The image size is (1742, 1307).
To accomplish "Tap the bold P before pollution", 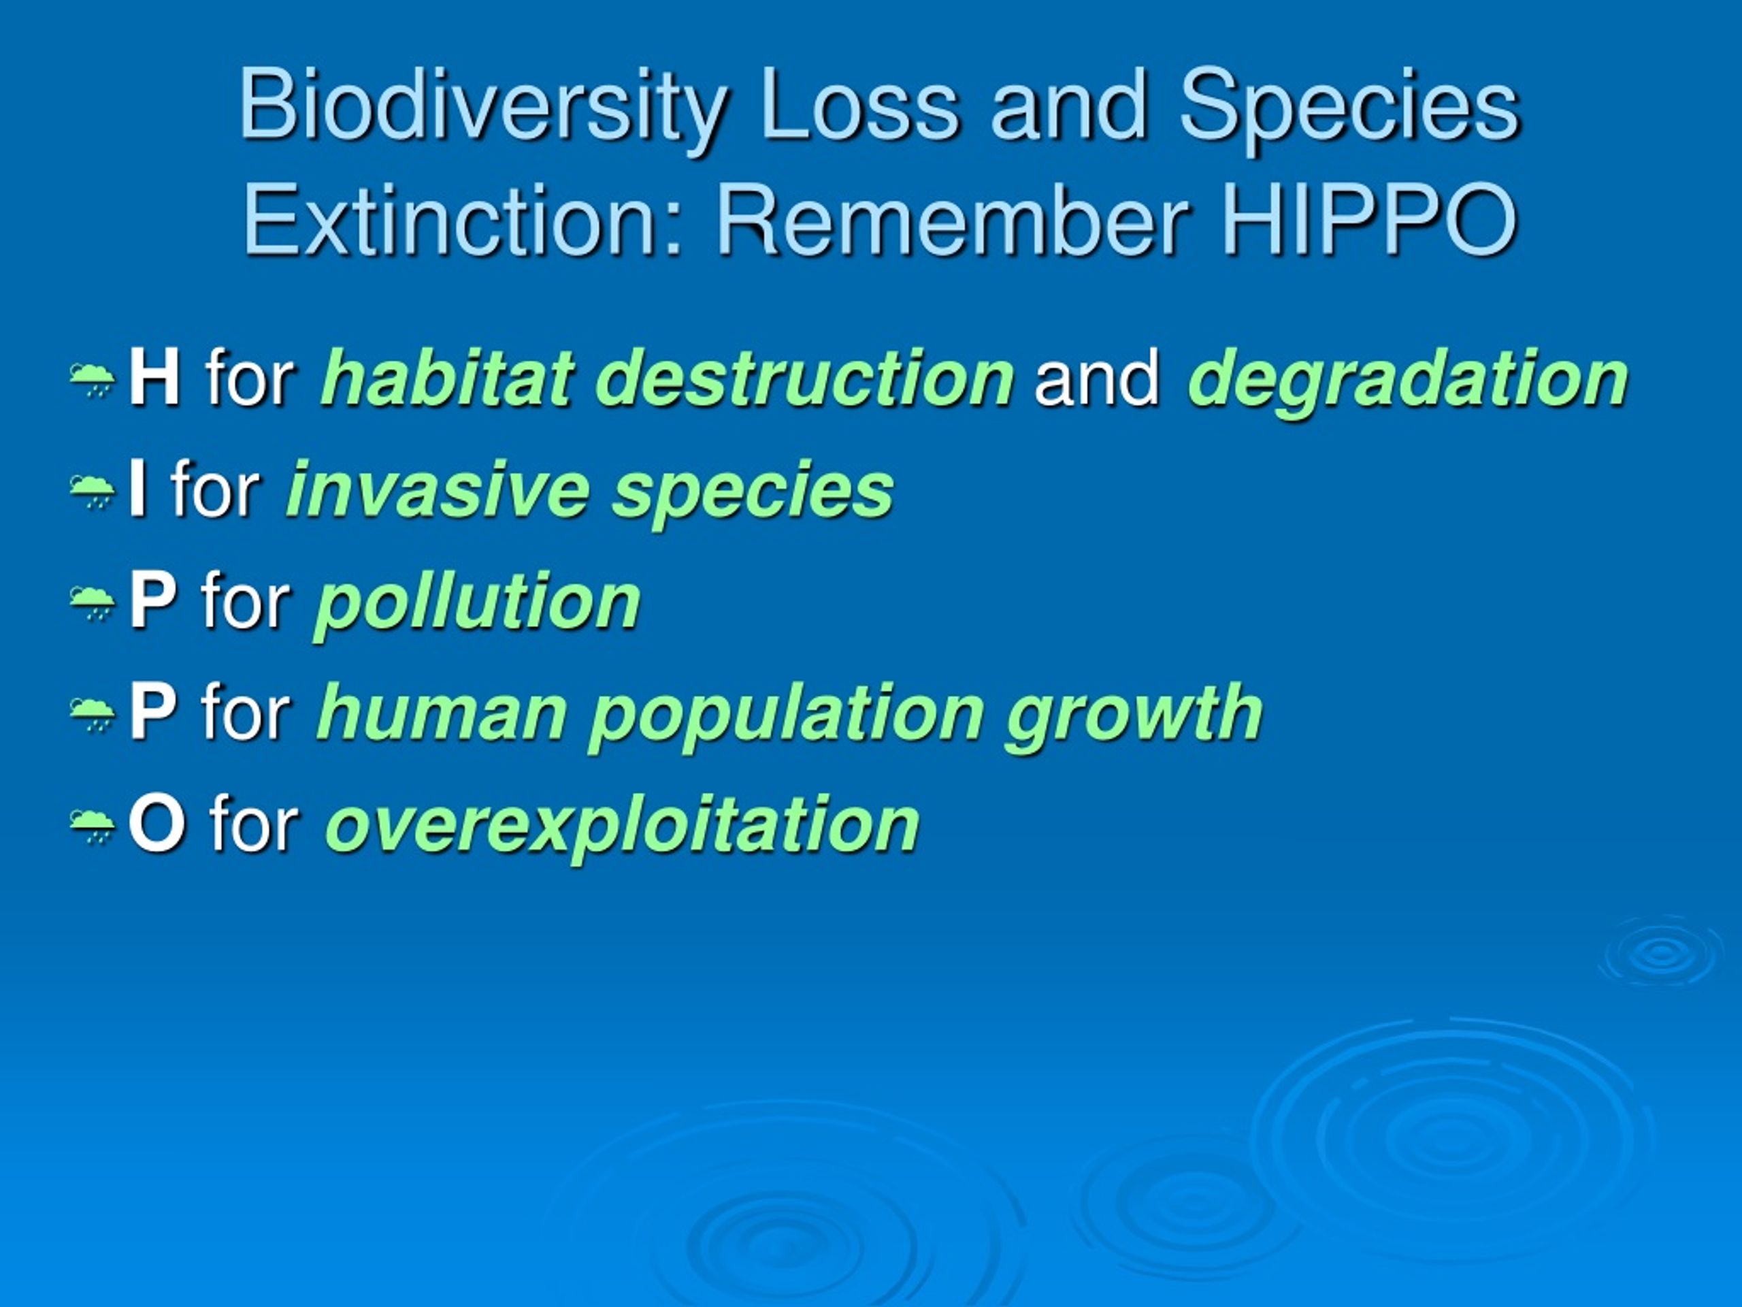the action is point(152,600).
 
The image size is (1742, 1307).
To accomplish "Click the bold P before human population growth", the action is point(152,712).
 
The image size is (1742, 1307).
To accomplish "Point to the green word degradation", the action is point(1407,383).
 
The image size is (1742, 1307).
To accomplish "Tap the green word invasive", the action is point(438,489).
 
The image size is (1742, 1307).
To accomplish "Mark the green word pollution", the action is point(476,605).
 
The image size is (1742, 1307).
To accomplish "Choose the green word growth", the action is point(1134,717).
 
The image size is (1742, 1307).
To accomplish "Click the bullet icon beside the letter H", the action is point(93,381).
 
